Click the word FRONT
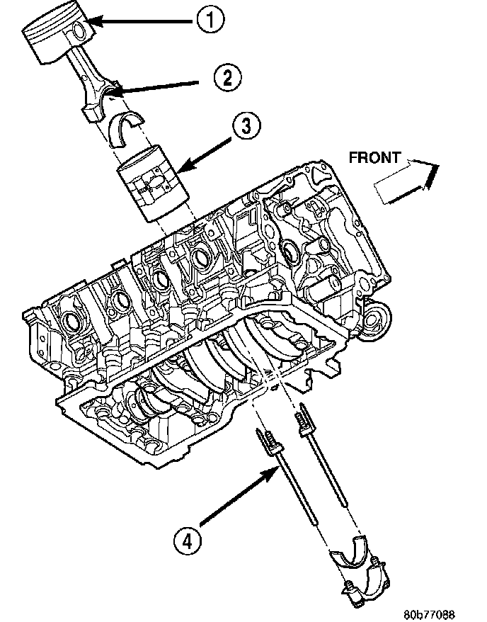tap(374, 158)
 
